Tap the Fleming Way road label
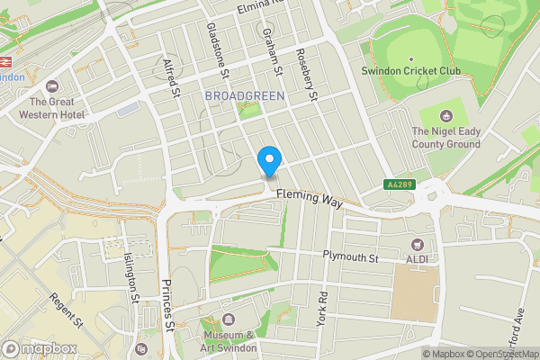(x=310, y=199)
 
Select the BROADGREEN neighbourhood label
(x=244, y=95)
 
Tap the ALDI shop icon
(x=417, y=245)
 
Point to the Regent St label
(x=67, y=311)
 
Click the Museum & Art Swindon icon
(x=228, y=319)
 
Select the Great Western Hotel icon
(x=51, y=86)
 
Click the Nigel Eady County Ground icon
(x=445, y=114)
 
